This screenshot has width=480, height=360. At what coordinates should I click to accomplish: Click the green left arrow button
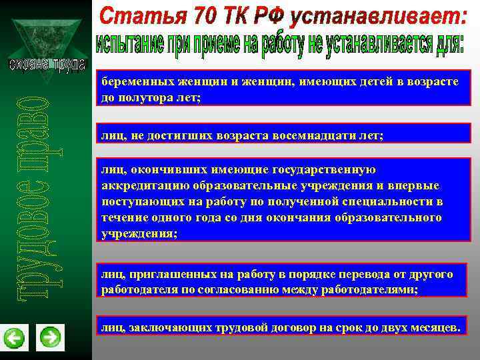(14, 338)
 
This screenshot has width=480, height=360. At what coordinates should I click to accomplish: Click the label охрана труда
(46, 65)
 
